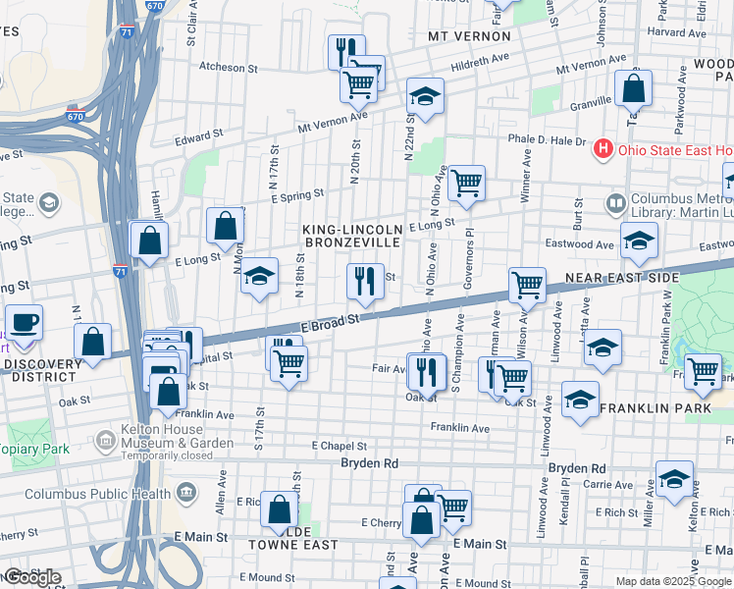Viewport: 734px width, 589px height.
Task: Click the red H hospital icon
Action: click(x=603, y=150)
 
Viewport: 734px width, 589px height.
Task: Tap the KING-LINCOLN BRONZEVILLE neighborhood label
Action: click(x=351, y=235)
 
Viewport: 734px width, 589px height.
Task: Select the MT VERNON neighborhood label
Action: click(x=469, y=36)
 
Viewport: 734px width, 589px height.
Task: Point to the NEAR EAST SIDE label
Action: click(x=623, y=278)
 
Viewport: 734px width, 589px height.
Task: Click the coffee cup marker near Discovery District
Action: click(x=25, y=322)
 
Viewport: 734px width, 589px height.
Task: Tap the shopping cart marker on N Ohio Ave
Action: click(x=466, y=182)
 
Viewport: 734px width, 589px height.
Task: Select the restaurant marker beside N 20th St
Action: click(x=362, y=282)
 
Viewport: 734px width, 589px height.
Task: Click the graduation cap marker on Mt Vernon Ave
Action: click(x=425, y=96)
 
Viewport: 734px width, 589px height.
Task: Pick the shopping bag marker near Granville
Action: click(x=634, y=89)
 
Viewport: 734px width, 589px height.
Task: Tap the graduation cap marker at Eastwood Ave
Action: click(x=638, y=241)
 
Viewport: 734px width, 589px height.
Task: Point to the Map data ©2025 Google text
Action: click(x=672, y=581)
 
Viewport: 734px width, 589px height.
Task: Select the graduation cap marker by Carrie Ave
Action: click(x=674, y=479)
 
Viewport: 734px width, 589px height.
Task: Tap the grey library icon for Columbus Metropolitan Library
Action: click(x=616, y=204)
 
